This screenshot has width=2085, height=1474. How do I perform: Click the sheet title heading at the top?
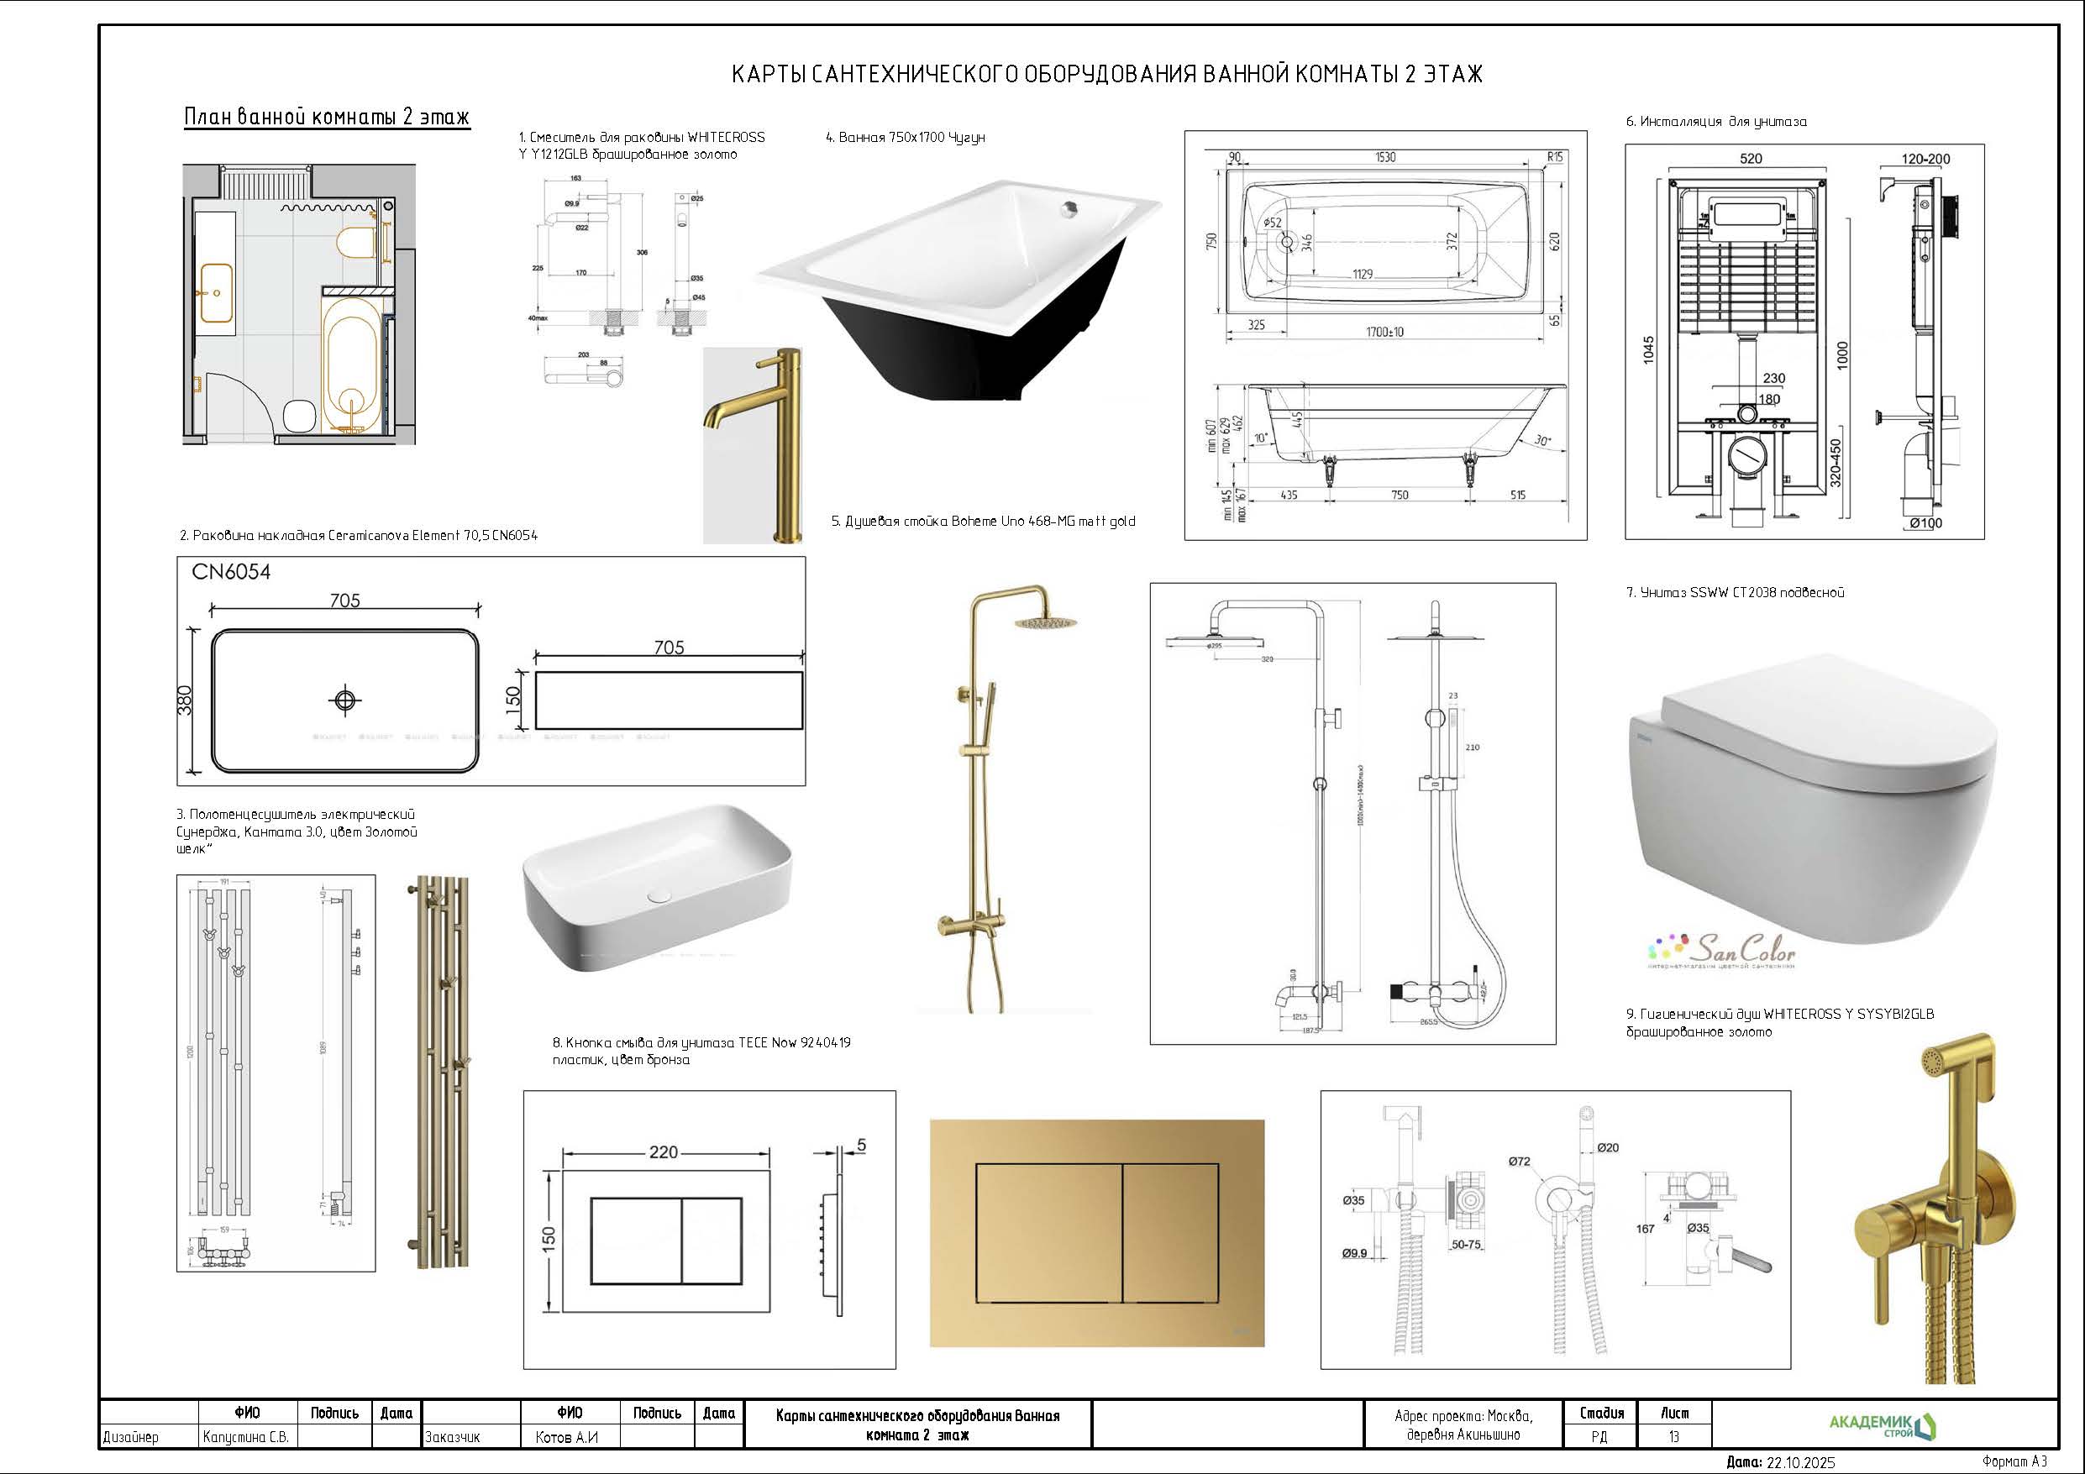pyautogui.click(x=1107, y=74)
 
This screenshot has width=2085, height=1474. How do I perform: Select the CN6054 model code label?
pyautogui.click(x=231, y=572)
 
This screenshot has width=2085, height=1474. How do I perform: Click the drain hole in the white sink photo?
pyautogui.click(x=659, y=896)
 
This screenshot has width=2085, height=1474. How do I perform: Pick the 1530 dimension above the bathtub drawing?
pyautogui.click(x=1385, y=157)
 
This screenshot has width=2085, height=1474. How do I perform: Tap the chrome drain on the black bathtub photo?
pyautogui.click(x=1067, y=208)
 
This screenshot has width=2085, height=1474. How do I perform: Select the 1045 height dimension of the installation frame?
pyautogui.click(x=1648, y=350)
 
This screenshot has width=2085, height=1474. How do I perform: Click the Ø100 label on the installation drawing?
pyautogui.click(x=1925, y=523)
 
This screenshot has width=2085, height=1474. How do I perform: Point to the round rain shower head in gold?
pyautogui.click(x=1044, y=624)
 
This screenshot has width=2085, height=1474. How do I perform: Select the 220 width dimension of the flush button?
pyautogui.click(x=663, y=1151)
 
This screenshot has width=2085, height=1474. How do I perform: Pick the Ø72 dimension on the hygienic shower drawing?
pyautogui.click(x=1520, y=1162)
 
